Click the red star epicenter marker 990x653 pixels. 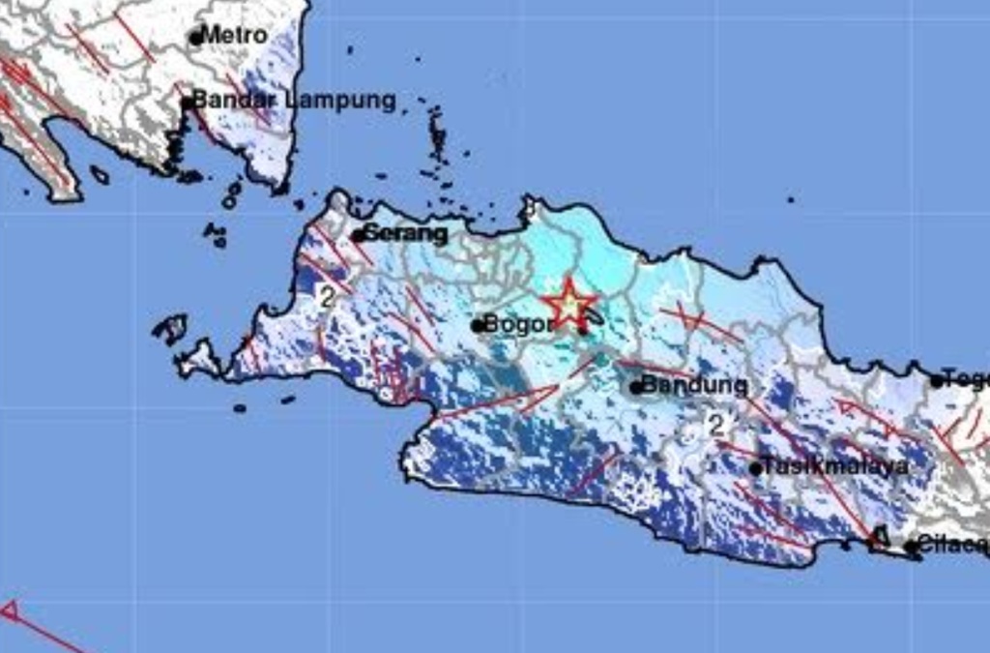(x=568, y=305)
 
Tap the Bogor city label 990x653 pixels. (x=519, y=324)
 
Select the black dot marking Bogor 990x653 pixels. (x=478, y=326)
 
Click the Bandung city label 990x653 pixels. (x=695, y=385)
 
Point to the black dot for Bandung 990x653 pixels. (x=636, y=388)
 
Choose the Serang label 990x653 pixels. (x=406, y=233)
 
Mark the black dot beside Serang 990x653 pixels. (x=358, y=235)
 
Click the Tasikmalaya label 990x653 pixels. (x=835, y=466)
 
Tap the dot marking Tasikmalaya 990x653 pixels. (x=755, y=469)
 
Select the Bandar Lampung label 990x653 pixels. (x=295, y=100)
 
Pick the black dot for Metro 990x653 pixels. (x=196, y=39)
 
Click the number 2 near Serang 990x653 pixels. (x=326, y=297)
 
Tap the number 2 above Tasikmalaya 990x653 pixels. (x=715, y=424)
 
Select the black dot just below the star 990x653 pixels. (x=583, y=332)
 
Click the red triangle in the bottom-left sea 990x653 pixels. (x=9, y=609)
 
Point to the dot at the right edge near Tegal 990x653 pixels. (x=936, y=381)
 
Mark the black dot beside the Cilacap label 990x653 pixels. (x=910, y=547)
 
